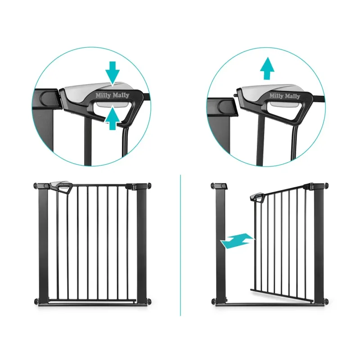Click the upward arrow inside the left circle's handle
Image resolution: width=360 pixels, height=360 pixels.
point(112,118)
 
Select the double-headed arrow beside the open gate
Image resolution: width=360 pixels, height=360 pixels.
point(238,241)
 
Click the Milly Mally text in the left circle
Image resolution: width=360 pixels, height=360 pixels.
point(112,95)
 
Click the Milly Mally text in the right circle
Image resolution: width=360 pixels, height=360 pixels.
point(285,96)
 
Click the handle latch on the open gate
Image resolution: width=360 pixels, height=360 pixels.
point(258,197)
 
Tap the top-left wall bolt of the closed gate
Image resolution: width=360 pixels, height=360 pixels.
point(36,185)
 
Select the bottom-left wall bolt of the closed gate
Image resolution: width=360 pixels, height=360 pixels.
point(36,301)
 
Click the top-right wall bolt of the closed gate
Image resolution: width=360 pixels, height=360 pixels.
point(149,185)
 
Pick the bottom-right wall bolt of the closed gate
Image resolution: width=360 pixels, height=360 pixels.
point(149,301)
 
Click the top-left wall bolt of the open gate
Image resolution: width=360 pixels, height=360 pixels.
point(212,185)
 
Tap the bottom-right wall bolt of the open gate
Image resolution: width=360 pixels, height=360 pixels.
point(326,301)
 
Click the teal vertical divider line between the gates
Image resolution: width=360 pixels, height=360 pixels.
point(180,245)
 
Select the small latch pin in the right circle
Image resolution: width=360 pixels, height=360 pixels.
point(235,95)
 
